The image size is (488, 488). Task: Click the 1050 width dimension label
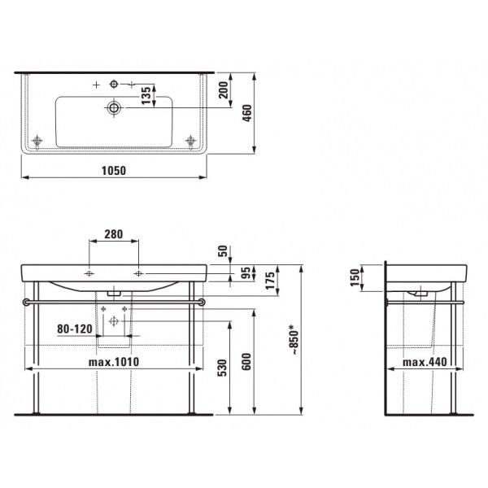coord(114,171)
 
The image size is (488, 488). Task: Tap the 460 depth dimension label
coord(247,113)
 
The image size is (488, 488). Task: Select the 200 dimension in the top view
coord(223,90)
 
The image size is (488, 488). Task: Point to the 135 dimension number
coord(146,95)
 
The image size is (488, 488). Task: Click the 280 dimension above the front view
coord(114,234)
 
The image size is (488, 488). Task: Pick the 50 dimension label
coord(223,251)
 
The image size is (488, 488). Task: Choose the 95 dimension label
coord(246,273)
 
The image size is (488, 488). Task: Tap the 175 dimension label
coord(270,281)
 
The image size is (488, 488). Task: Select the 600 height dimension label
coord(246,362)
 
